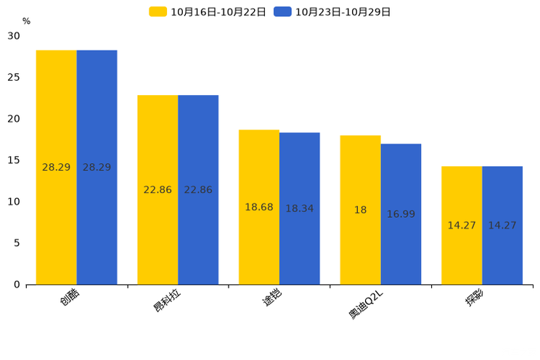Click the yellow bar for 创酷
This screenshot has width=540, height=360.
tap(56, 168)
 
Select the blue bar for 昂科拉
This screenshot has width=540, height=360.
tap(198, 190)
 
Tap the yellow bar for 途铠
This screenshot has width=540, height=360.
tap(259, 208)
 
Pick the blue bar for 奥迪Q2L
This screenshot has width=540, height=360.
tap(401, 214)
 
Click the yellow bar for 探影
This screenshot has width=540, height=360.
tap(462, 226)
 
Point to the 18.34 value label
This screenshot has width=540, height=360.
tap(300, 208)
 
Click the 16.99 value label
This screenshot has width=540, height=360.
tap(401, 214)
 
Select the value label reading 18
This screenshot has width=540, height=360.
tap(360, 210)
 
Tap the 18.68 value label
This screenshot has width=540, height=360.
tap(259, 207)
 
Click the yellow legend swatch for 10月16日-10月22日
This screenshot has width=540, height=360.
tap(157, 12)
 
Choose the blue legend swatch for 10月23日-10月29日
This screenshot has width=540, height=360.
tap(282, 12)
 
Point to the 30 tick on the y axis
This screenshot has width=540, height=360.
tap(14, 36)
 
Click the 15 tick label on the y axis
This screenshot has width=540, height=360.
tap(14, 160)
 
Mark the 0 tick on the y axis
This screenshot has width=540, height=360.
tap(17, 285)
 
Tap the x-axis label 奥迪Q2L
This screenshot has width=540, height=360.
tap(366, 305)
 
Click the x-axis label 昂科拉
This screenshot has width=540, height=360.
tap(167, 300)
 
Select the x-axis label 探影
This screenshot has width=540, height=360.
tap(475, 298)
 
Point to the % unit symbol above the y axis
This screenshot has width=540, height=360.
tap(26, 21)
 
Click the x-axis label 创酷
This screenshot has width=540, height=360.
tap(70, 297)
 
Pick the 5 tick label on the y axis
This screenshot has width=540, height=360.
tap(17, 243)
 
